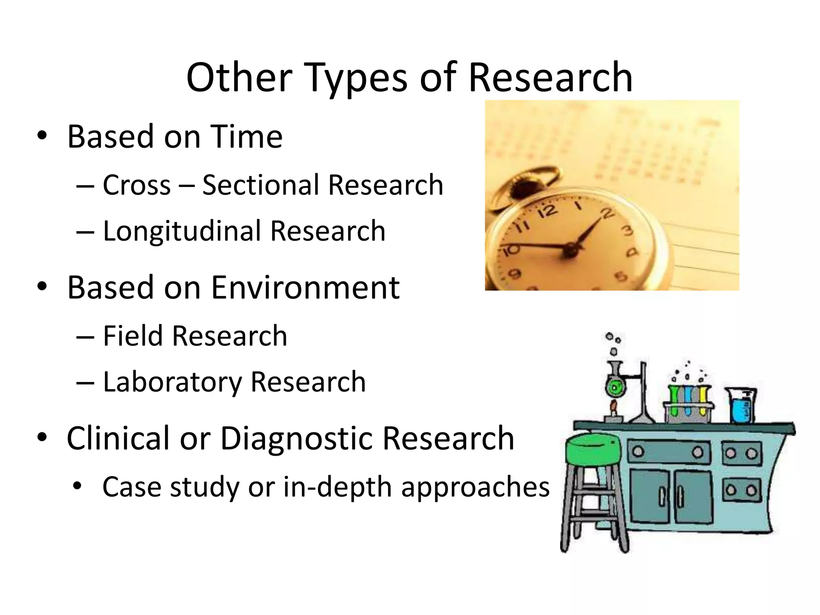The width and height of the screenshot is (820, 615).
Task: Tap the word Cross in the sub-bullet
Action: coord(137,185)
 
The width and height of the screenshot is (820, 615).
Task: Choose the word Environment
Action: coord(305,287)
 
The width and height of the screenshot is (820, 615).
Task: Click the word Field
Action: coord(132,336)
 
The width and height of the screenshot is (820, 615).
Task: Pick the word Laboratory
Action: coord(172,382)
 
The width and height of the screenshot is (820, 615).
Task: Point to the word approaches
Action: coord(475,488)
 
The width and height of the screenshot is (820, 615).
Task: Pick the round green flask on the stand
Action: coord(615,387)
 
